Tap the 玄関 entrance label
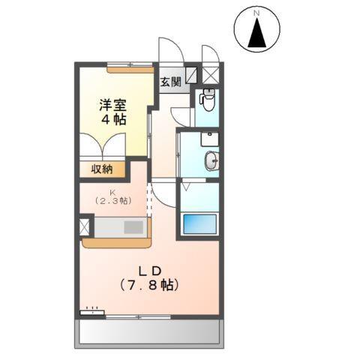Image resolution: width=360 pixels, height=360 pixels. click(x=170, y=81)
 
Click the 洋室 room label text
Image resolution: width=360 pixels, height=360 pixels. click(x=115, y=106)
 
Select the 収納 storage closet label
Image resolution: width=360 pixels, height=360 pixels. click(x=103, y=169)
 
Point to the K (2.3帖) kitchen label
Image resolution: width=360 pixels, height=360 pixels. click(x=112, y=196)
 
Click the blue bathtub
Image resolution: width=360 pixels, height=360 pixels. click(x=200, y=224)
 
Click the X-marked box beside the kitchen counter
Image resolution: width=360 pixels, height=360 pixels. click(x=83, y=226)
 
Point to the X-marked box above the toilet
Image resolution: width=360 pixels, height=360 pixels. click(x=210, y=74)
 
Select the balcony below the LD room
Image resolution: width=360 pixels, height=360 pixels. click(x=150, y=330)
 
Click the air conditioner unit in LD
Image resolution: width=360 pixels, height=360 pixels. click(x=91, y=310)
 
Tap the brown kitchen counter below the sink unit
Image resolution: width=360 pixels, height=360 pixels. click(x=116, y=241)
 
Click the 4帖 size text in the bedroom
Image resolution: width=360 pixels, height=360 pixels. click(x=115, y=120)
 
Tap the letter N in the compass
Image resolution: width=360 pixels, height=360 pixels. click(x=258, y=13)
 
